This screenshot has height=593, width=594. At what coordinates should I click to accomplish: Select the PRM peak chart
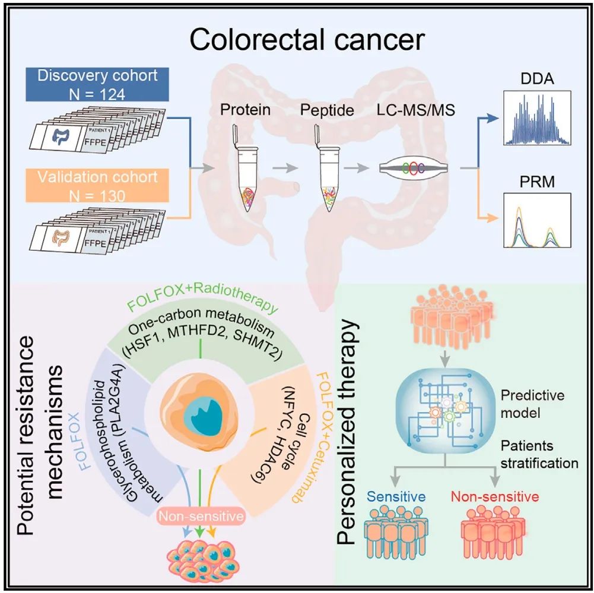click(x=536, y=220)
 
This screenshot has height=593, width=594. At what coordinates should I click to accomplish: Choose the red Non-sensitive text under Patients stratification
click(x=495, y=496)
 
